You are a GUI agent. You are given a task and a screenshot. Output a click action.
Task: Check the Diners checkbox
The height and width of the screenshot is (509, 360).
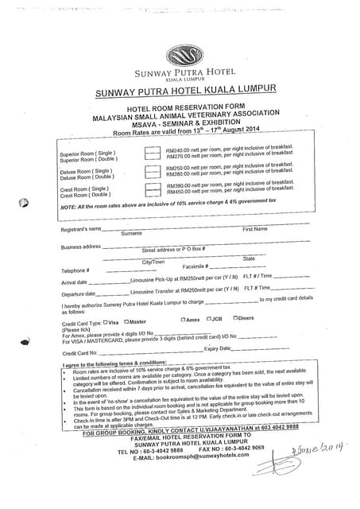click(234, 318)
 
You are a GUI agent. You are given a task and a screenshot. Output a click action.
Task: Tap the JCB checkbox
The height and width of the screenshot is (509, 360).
click(208, 319)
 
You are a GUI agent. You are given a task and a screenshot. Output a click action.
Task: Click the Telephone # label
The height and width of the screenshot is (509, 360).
click(75, 271)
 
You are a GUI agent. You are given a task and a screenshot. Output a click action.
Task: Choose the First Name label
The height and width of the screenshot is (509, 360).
click(255, 229)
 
